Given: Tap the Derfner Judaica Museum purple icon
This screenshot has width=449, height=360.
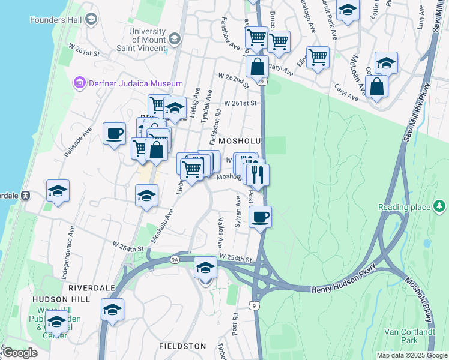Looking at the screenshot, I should coord(80,83).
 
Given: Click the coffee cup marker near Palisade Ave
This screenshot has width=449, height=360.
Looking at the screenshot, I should coord(114,134).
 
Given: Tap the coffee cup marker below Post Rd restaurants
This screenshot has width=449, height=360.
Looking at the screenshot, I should coord(259,217).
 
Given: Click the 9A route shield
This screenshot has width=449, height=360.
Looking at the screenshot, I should coord(175,259).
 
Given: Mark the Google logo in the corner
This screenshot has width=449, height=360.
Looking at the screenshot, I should coord(19,353).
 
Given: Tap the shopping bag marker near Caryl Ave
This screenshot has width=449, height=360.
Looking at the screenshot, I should coord(376,86).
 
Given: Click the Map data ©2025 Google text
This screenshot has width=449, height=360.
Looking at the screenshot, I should coord(411,355).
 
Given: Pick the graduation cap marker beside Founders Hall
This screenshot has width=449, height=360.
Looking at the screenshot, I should coord(91,20).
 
